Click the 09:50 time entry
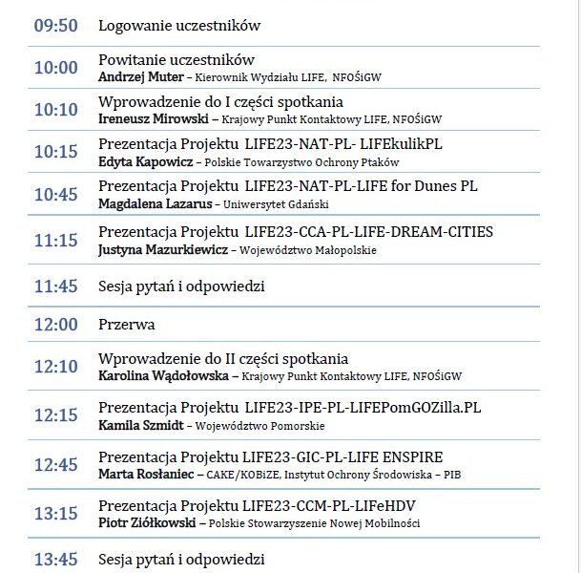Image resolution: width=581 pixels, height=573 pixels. click(x=55, y=26)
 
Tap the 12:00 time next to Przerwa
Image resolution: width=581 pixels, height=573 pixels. click(x=55, y=325)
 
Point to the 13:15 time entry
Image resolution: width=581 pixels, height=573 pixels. click(x=55, y=514)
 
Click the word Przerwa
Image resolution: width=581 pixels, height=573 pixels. click(x=127, y=325)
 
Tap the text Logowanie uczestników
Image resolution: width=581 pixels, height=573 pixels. click(x=179, y=26)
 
